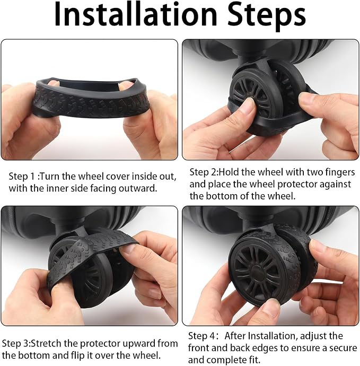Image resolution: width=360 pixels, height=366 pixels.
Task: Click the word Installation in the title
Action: click(136, 14)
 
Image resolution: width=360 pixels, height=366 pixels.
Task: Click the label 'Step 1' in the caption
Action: click(22, 177)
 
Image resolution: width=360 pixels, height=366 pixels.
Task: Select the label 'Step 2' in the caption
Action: click(203, 172)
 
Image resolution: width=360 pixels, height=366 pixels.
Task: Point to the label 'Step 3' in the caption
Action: click(15, 344)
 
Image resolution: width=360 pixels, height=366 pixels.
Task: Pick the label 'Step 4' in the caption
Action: click(201, 336)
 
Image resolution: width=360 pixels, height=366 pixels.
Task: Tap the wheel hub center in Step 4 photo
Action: click(259, 271)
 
